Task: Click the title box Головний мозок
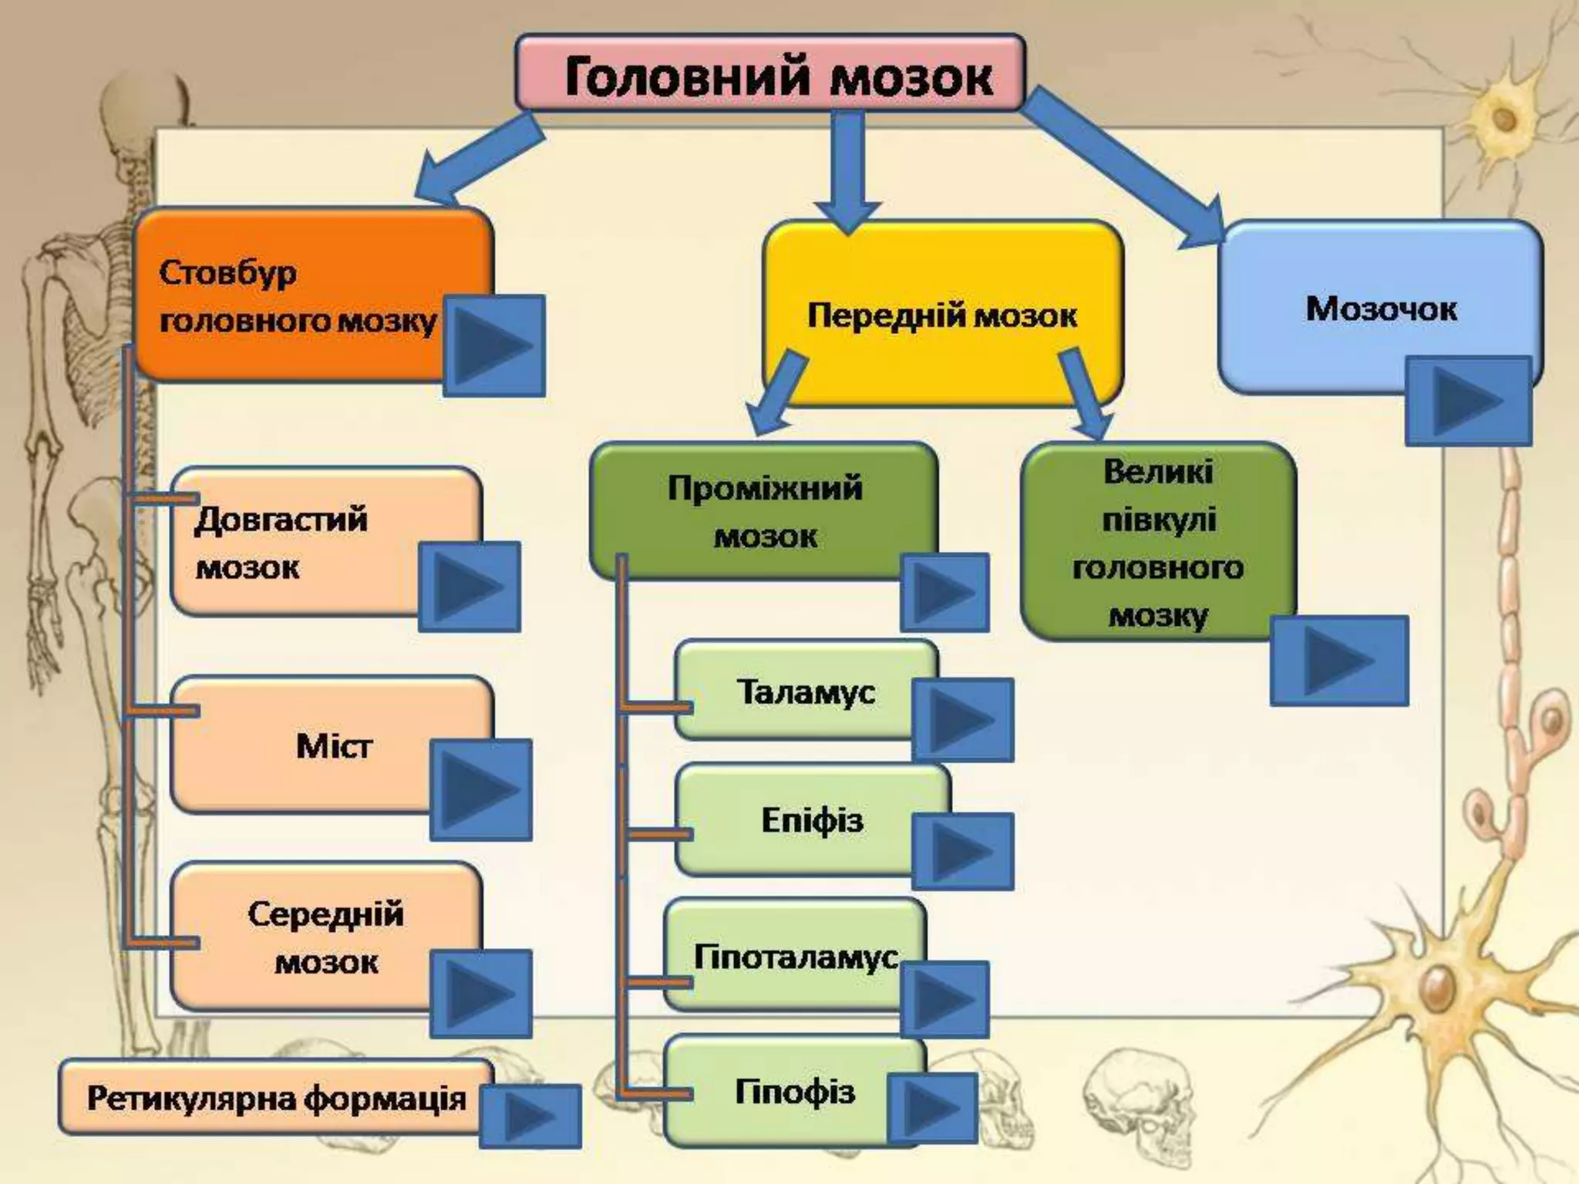coord(769,74)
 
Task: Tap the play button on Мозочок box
coord(1467,401)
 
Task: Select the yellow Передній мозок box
coord(941,314)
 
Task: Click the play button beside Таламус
coord(962,720)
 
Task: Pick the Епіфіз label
coord(811,820)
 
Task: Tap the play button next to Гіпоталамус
coord(944,999)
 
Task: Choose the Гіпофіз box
coord(794,1091)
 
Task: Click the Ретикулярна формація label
coord(276,1098)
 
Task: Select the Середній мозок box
coord(325,937)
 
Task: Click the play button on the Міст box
coord(480,789)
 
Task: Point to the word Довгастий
coord(281,519)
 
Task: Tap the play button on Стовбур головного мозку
coord(493,345)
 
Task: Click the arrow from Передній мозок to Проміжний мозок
coord(777,392)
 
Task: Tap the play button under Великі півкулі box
coord(1338,661)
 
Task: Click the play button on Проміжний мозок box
coord(944,592)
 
